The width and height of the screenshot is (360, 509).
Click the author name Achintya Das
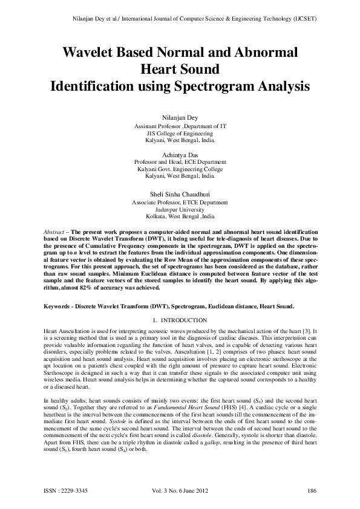pos(180,155)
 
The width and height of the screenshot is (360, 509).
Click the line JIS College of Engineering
pos(180,133)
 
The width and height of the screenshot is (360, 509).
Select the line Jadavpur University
pos(180,209)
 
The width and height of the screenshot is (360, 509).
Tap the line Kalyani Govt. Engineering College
pos(180,169)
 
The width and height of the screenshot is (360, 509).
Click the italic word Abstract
pos(56,232)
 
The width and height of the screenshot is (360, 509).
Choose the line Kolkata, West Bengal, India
pos(180,216)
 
